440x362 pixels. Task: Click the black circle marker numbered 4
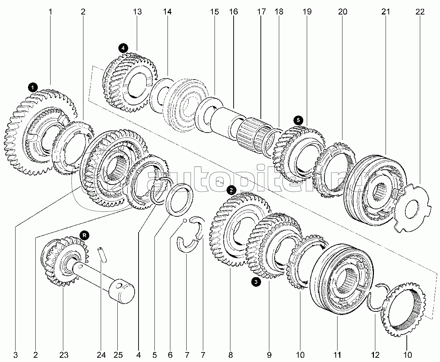pos(123,48)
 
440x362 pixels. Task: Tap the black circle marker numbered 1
pos(33,87)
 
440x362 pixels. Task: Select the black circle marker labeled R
pos(84,235)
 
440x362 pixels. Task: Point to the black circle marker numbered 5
pos(298,120)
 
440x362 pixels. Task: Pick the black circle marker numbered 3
pos(256,282)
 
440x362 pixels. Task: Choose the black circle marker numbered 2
pos(231,190)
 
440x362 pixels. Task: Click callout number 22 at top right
pos(420,12)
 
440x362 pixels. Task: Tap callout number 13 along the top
pos(137,12)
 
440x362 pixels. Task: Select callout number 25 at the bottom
pos(118,355)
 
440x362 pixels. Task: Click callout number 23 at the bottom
pos(64,355)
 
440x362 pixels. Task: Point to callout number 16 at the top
pos(233,12)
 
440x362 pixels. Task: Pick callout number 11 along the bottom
pos(337,355)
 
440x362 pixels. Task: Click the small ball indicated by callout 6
pos(184,220)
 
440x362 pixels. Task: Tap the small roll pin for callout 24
pos(102,255)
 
